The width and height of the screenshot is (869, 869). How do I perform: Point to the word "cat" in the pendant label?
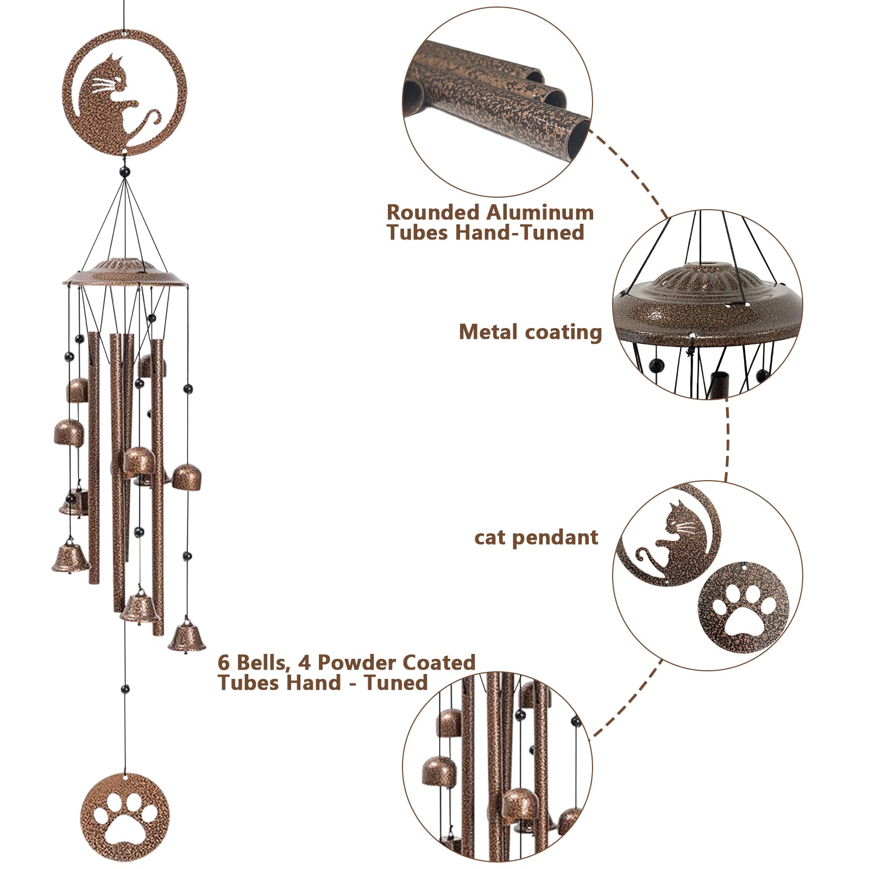pos(490,538)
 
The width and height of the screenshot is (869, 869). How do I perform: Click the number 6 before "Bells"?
pos(223,663)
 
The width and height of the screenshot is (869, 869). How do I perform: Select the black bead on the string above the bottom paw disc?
pos(125,689)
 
